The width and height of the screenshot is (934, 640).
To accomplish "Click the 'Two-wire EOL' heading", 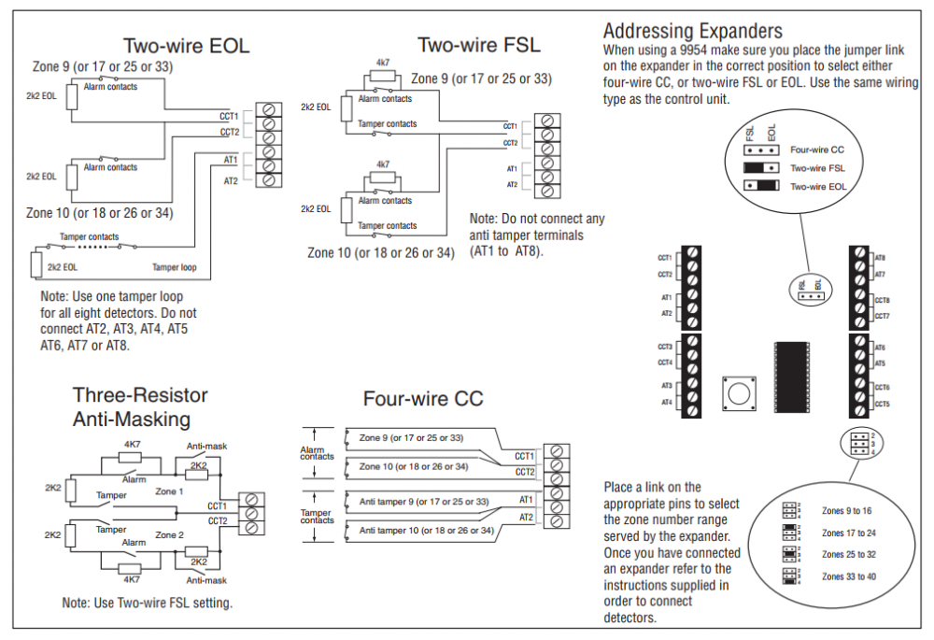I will click(x=187, y=46).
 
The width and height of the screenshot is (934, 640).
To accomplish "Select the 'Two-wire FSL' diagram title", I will click(x=478, y=44).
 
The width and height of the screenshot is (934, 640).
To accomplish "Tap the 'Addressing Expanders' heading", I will click(x=692, y=31).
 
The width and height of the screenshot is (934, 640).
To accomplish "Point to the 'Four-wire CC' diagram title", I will click(x=423, y=399).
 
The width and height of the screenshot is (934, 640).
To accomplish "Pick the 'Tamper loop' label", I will click(x=175, y=267).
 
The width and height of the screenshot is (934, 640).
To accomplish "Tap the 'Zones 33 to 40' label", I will click(x=848, y=577).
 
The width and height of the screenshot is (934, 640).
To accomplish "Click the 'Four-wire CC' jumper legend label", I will click(x=818, y=149).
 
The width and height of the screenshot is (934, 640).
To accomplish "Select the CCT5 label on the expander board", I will click(x=882, y=405).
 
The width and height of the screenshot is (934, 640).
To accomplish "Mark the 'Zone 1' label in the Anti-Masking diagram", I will click(x=169, y=491).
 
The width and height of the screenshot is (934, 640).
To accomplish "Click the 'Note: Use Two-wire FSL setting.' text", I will click(x=147, y=604).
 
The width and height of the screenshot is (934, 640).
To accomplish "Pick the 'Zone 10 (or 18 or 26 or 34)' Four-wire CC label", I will click(x=414, y=466).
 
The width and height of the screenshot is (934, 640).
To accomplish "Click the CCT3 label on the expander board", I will click(x=665, y=347).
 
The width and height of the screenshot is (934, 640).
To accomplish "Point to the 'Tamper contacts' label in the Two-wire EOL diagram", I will click(x=90, y=236).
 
